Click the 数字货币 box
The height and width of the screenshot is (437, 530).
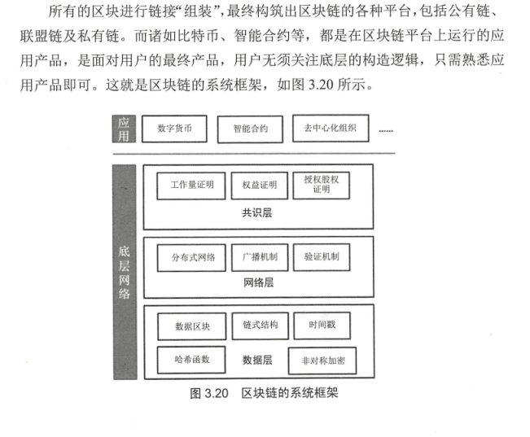tap(174, 128)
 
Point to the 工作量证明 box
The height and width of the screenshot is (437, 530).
tap(191, 186)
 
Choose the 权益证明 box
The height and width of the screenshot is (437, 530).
tap(259, 186)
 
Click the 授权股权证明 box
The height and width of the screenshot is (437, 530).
tap(321, 186)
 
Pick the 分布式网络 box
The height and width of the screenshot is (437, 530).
tap(191, 257)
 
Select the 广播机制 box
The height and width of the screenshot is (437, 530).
tap(259, 257)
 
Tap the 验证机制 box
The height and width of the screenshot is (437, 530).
tap(321, 257)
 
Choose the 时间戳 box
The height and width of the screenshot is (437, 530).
tap(321, 326)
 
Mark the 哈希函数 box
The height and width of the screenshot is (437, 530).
tap(191, 359)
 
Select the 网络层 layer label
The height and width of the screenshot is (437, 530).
tap(258, 284)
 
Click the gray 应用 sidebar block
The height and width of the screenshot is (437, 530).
tap(124, 129)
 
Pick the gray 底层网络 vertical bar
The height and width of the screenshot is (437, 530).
tap(124, 269)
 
